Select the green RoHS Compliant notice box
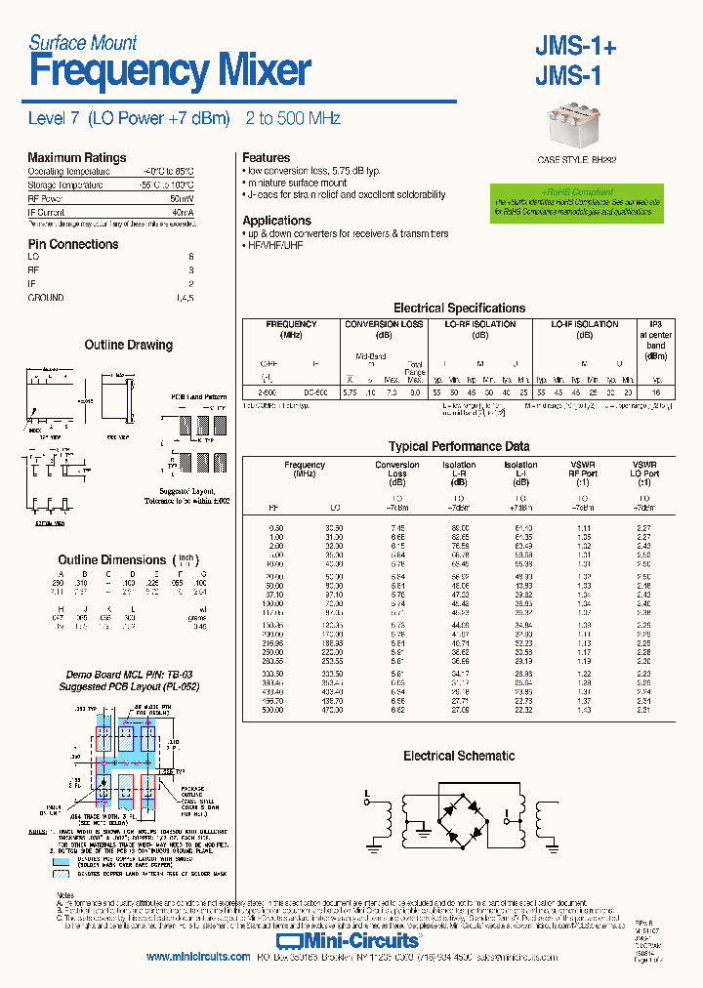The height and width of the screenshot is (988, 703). (577, 202)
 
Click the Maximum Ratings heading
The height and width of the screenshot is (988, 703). (77, 157)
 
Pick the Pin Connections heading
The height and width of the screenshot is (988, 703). (73, 244)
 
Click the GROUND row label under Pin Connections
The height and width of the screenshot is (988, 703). (45, 298)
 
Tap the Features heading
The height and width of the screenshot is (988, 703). (266, 157)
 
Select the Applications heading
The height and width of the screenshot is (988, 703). (276, 221)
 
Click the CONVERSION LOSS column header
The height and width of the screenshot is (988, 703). (384, 324)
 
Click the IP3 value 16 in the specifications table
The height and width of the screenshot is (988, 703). (655, 391)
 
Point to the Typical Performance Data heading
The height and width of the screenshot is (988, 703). (459, 446)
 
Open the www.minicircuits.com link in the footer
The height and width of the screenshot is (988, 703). (198, 958)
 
